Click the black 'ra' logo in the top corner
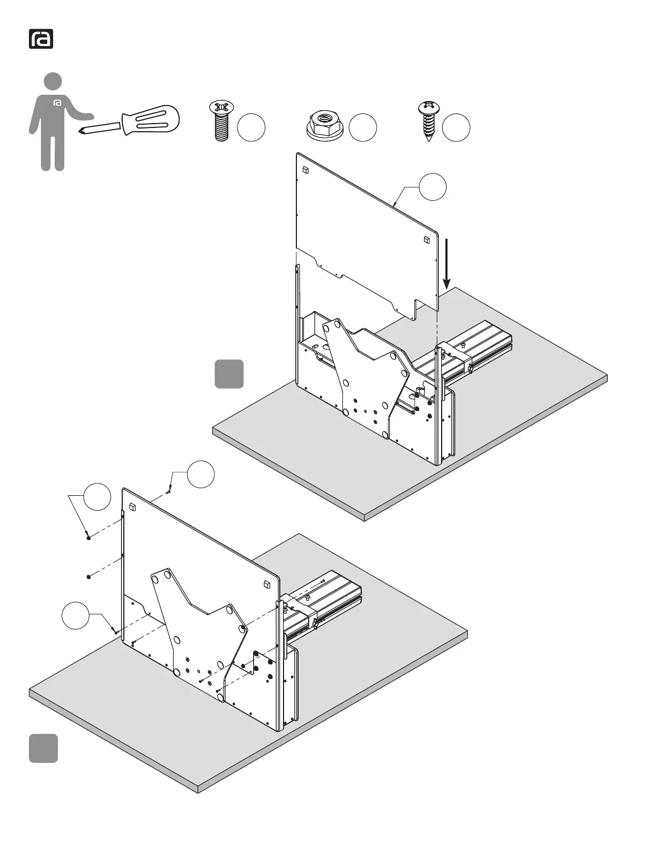(41, 40)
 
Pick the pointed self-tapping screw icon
(427, 120)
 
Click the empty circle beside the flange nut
(363, 128)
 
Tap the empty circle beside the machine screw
(251, 128)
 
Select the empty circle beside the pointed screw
(457, 128)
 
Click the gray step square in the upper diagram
(229, 374)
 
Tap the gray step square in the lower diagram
(43, 748)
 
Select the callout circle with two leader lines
(97, 497)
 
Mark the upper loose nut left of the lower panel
(88, 537)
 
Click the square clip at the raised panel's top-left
(305, 171)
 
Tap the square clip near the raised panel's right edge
(427, 239)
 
